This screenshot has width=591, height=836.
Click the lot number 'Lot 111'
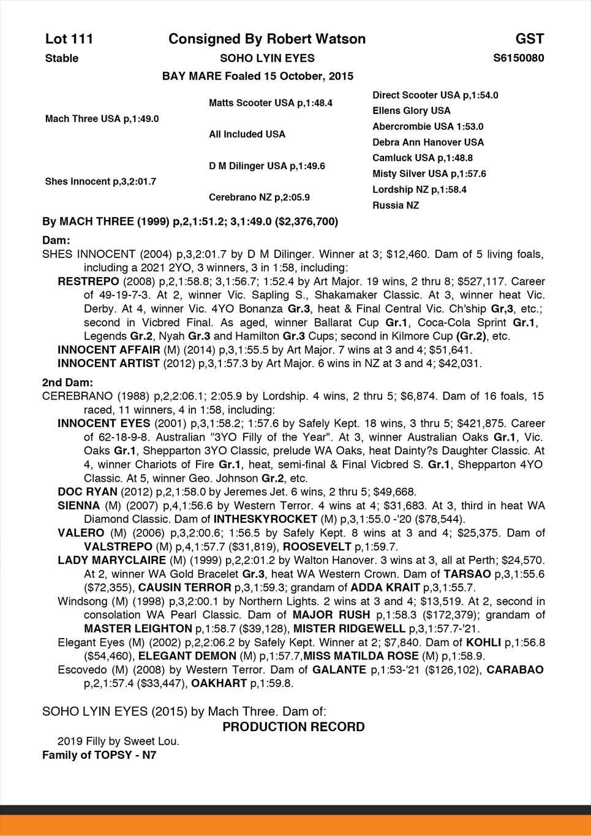(x=69, y=39)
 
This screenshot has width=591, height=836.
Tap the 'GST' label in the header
(x=529, y=39)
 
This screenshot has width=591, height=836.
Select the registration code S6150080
(x=518, y=58)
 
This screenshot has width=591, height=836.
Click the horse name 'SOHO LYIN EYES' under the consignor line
(x=267, y=58)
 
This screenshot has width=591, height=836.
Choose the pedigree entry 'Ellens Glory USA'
(x=411, y=111)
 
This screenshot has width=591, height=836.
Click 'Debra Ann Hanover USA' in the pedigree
(x=427, y=142)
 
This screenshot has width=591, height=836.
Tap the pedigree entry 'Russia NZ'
(x=396, y=205)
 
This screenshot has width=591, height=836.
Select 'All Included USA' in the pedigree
(x=247, y=134)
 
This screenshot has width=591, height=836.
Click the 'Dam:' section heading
(x=56, y=241)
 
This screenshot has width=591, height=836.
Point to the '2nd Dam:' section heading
(x=67, y=382)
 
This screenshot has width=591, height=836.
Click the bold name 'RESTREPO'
(x=88, y=282)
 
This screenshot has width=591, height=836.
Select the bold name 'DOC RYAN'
(x=87, y=492)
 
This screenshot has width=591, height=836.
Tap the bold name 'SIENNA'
(x=78, y=506)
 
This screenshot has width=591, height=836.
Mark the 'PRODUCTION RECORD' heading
(x=293, y=728)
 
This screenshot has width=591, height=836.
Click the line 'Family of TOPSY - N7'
(x=99, y=755)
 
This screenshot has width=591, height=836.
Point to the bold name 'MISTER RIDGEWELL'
(x=349, y=628)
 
